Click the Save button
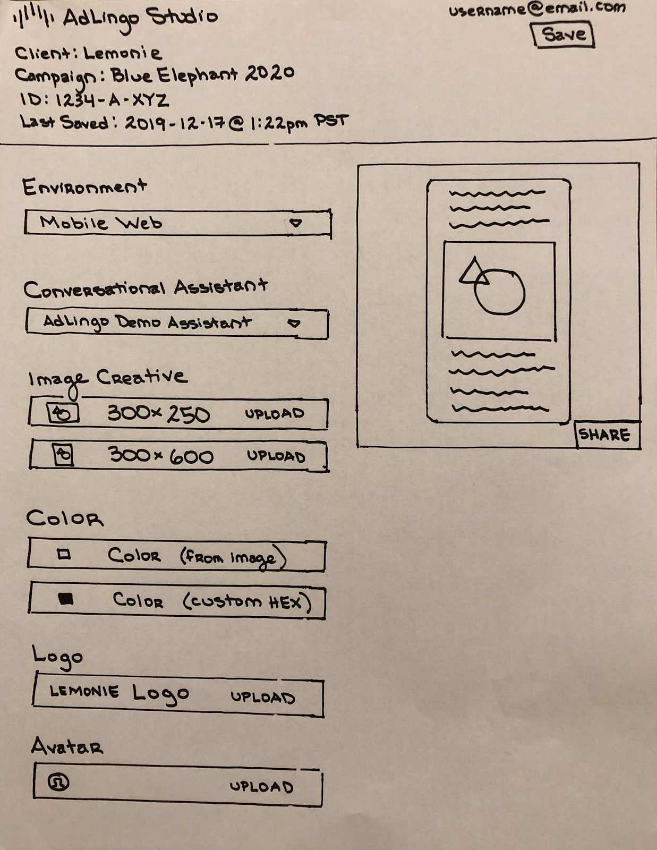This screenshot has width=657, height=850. pyautogui.click(x=563, y=35)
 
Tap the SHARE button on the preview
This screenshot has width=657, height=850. pyautogui.click(x=604, y=435)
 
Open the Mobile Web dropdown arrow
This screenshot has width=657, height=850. pyautogui.click(x=296, y=223)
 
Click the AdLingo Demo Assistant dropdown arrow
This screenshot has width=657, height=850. pyautogui.click(x=294, y=323)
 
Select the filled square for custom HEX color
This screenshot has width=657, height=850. pyautogui.click(x=65, y=599)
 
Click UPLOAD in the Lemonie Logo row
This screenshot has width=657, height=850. pyautogui.click(x=262, y=697)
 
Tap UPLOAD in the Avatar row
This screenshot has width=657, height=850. pyautogui.click(x=261, y=786)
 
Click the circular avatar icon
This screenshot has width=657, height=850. pyautogui.click(x=58, y=782)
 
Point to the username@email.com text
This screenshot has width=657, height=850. pyautogui.click(x=536, y=10)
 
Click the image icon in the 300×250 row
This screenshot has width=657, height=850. pyautogui.click(x=63, y=413)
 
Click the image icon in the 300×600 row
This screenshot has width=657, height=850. pyautogui.click(x=63, y=455)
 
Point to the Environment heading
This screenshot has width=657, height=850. pyautogui.click(x=84, y=187)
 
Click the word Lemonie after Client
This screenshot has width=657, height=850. pyautogui.click(x=122, y=53)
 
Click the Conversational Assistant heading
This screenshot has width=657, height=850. pyautogui.click(x=144, y=288)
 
